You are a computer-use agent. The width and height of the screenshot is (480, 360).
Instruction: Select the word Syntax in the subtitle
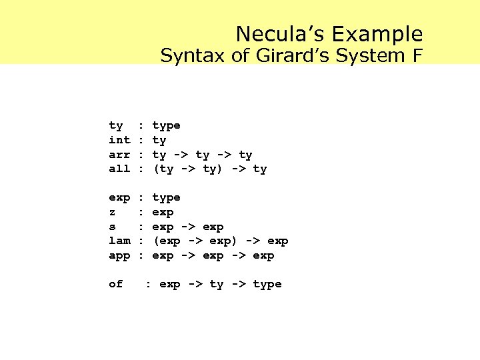click(x=193, y=56)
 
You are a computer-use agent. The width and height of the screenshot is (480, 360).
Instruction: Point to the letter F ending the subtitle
click(x=417, y=56)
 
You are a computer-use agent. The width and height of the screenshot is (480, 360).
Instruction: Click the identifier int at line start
click(x=119, y=140)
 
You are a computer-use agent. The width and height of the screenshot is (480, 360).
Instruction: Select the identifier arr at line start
click(x=119, y=155)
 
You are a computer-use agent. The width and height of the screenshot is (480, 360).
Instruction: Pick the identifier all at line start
click(x=119, y=169)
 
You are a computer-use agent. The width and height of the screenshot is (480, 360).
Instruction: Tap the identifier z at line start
click(x=112, y=212)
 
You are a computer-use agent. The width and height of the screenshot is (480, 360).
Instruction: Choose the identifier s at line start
click(x=112, y=227)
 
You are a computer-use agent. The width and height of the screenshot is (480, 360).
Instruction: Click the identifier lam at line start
click(x=119, y=241)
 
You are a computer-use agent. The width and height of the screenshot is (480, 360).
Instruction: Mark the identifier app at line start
click(x=119, y=255)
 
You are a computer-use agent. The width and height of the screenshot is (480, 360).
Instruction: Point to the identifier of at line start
click(x=116, y=284)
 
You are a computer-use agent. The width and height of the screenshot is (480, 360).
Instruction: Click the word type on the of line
click(x=267, y=284)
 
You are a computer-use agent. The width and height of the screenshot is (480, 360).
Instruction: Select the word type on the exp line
click(x=167, y=197)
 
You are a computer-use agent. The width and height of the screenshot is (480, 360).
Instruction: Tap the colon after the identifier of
click(x=148, y=284)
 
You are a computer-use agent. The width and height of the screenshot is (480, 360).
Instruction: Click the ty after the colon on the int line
click(x=159, y=140)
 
